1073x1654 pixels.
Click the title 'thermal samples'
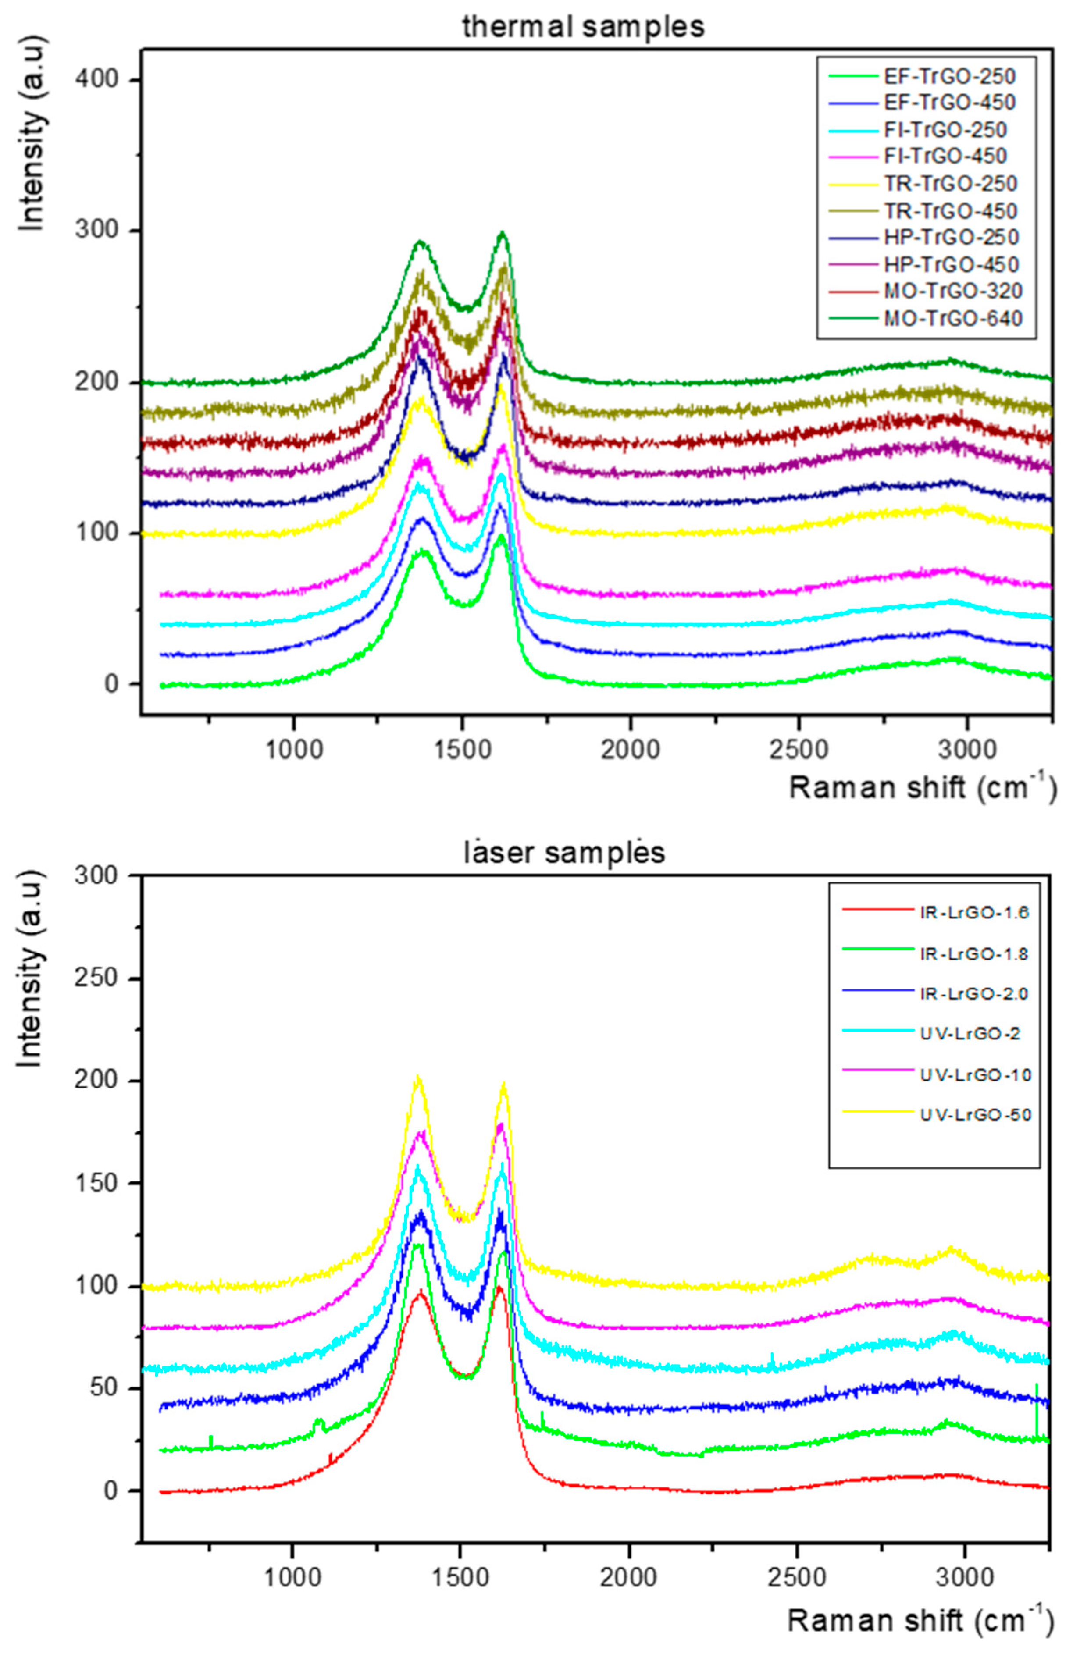pyautogui.click(x=583, y=26)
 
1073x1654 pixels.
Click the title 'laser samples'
pyautogui.click(x=564, y=852)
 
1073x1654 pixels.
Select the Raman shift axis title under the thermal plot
pyautogui.click(x=922, y=788)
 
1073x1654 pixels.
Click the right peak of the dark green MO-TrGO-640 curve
pyautogui.click(x=502, y=234)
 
